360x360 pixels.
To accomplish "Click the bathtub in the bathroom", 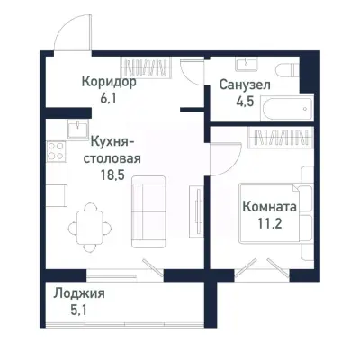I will (x=285, y=111).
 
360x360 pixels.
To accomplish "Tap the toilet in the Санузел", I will (x=284, y=71).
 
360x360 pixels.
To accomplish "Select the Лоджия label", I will (x=78, y=294).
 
